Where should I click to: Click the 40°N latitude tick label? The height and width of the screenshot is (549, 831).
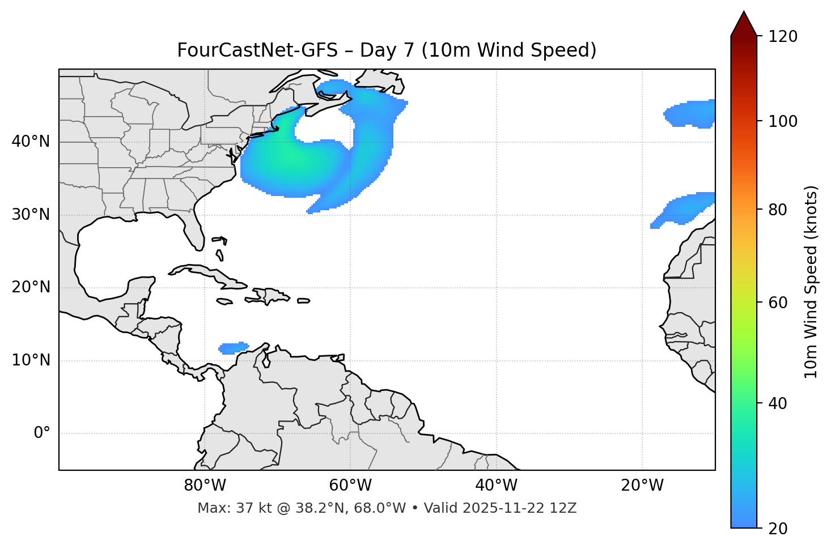click(x=31, y=142)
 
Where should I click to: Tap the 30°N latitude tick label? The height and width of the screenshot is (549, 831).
click(x=31, y=215)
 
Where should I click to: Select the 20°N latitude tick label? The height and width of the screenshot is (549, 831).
click(x=31, y=287)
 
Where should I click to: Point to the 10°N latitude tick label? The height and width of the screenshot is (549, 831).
click(x=31, y=360)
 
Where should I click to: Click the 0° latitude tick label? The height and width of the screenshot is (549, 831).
click(x=42, y=433)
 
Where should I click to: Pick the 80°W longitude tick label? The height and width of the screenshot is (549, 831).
click(x=205, y=486)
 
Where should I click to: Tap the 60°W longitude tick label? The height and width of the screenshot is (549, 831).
click(x=350, y=486)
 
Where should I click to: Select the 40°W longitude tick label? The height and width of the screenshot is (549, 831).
click(x=496, y=486)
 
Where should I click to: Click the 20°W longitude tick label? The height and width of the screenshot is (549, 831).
click(x=642, y=486)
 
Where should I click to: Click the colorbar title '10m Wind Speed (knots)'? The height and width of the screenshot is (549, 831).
click(x=811, y=282)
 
